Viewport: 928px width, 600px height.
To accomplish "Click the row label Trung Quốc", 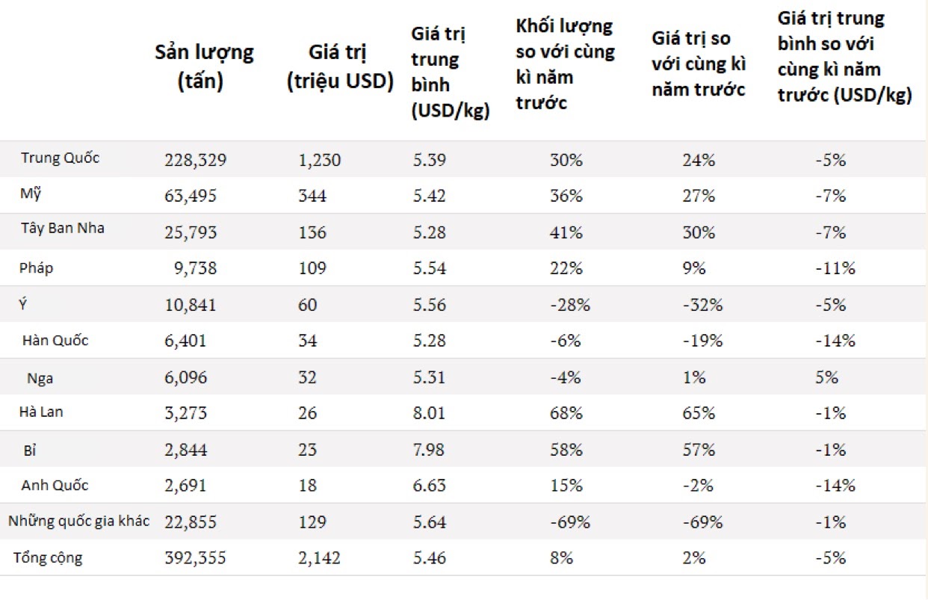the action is tap(60, 158).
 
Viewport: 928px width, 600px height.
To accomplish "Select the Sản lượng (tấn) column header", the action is tap(204, 67).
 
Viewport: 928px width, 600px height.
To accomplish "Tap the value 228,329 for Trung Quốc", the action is tap(196, 160).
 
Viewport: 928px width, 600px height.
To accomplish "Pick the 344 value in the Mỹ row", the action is tap(312, 196).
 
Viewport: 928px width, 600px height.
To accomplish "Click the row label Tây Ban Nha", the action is tap(63, 228).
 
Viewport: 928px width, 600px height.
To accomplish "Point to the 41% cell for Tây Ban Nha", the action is tap(566, 232).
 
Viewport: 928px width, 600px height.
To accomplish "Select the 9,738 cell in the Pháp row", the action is tap(195, 268).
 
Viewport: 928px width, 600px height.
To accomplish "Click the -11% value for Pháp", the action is tap(835, 268).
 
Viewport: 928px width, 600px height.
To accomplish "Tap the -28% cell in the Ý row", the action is tap(570, 305).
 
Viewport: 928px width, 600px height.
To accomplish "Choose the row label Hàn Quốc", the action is tap(55, 340).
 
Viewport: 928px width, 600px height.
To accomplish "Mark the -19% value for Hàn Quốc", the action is tap(702, 341).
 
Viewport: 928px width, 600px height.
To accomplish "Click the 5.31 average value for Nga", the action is tap(429, 377).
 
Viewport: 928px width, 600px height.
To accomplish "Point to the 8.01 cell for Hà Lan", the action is tap(429, 413).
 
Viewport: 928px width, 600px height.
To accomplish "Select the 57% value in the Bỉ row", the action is tap(699, 450).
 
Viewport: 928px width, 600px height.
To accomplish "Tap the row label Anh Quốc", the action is tap(55, 485).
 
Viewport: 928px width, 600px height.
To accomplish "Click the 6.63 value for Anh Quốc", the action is tap(429, 485).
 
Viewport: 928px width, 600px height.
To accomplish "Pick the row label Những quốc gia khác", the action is tap(78, 521).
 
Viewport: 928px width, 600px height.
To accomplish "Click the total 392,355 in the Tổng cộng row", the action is tap(195, 557).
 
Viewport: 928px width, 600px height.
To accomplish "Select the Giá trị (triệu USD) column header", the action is tap(340, 67).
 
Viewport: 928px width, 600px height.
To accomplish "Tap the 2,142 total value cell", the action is tap(319, 557).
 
